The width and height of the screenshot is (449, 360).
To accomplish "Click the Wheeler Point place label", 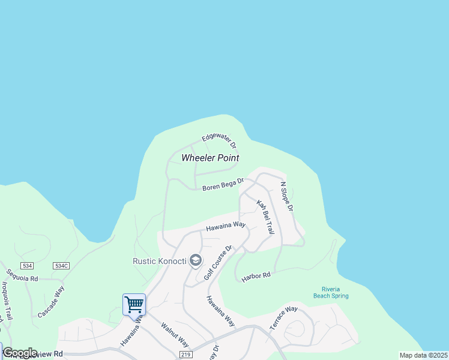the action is coord(210,158).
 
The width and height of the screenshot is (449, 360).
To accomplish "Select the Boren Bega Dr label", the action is coord(223,184).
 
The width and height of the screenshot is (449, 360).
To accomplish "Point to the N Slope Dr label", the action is coord(286,196).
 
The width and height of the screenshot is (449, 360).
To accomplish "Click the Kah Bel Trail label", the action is coord(265,217).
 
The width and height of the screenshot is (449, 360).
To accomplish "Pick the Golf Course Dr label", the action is coord(217,262).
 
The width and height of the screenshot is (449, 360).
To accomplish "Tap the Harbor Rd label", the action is coord(256,277).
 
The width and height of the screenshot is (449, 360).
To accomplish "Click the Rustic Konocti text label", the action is coord(159,261).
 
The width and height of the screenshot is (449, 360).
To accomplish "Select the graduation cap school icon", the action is coord(195,261).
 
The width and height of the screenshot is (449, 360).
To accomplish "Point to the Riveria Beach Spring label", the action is coord(331,292).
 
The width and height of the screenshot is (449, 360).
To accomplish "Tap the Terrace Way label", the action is coord(283,317).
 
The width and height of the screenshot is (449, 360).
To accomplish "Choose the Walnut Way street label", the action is coord(175,335).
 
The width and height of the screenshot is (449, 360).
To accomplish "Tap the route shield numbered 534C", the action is coord(61,265).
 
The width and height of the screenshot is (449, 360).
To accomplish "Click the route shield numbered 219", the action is coord(184,355).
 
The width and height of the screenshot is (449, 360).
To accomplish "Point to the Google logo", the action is coord(20,353).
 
